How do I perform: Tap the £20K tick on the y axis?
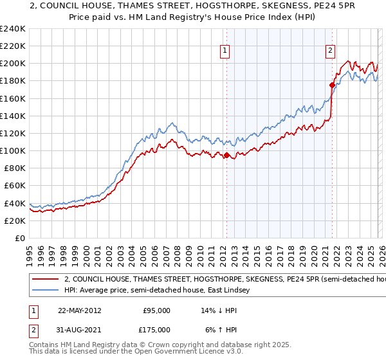[x=14, y=221]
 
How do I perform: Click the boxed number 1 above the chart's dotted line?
[x=226, y=52]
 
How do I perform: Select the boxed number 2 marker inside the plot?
[x=330, y=52]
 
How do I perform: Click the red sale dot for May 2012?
[x=226, y=155]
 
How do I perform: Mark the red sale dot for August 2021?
[x=332, y=85]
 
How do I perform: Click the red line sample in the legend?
[x=45, y=280]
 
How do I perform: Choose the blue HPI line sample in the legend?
[x=45, y=291]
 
